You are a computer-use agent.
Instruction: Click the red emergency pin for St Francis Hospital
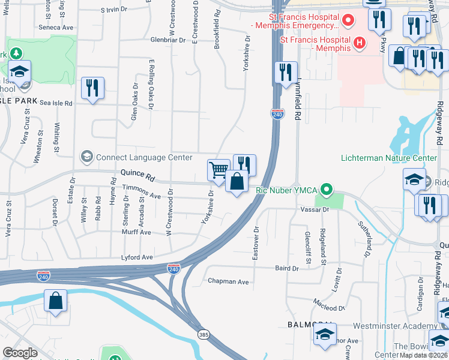click(346, 22)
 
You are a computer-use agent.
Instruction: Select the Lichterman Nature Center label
click(388, 158)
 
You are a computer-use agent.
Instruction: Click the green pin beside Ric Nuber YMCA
click(326, 190)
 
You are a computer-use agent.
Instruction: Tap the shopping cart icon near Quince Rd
click(218, 169)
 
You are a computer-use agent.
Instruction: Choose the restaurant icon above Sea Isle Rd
click(92, 88)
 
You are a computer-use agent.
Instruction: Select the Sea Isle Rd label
click(56, 103)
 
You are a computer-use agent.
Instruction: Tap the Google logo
click(20, 352)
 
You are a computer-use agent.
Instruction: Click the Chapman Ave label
click(228, 281)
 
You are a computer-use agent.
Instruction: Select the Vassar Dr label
click(318, 210)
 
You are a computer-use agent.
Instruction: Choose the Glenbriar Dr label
click(153, 40)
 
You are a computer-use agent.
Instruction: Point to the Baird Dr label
click(286, 269)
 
